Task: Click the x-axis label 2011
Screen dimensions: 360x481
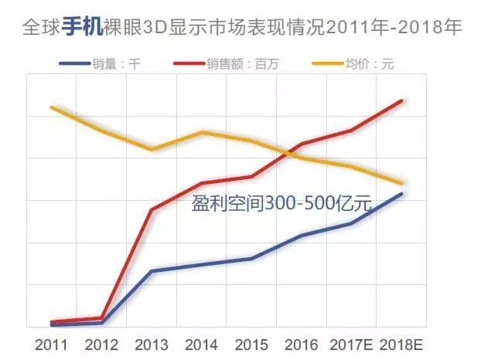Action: tap(51, 343)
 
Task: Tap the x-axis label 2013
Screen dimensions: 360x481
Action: tap(152, 343)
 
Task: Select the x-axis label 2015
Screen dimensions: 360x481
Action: tap(251, 343)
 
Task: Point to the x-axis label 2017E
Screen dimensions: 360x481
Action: tap(351, 343)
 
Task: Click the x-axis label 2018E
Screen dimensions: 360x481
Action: tap(401, 343)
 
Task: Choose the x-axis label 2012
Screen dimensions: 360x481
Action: tap(101, 343)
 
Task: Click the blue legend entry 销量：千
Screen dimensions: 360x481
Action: tap(101, 64)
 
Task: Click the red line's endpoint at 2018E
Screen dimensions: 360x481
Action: tap(401, 100)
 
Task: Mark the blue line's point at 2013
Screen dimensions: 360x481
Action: tap(152, 271)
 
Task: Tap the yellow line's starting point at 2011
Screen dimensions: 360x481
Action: tap(51, 107)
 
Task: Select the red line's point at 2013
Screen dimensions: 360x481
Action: tap(152, 209)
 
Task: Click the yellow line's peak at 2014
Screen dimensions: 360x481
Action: tap(201, 132)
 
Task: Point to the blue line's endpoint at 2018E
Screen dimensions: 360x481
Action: tap(401, 193)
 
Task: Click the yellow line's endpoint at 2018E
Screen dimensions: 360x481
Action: tap(401, 183)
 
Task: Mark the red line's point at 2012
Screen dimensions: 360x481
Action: tap(101, 318)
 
